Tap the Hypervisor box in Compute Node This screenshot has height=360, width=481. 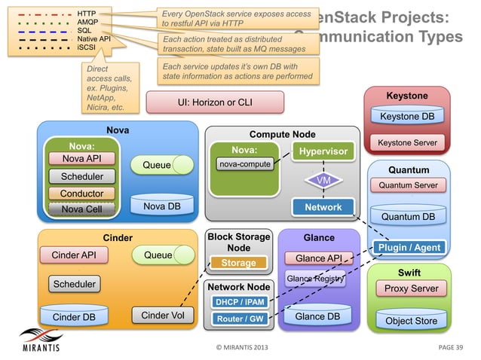tap(323, 151)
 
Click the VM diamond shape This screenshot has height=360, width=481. tap(323, 181)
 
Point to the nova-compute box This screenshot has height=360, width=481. tap(244, 163)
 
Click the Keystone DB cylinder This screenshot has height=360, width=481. tap(406, 116)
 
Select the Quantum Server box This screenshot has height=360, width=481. tap(408, 185)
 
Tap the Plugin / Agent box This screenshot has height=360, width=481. tap(409, 247)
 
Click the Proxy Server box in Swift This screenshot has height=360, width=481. tap(411, 288)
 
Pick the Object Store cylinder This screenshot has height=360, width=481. tap(411, 319)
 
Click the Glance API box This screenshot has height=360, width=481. tap(319, 258)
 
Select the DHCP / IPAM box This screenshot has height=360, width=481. tap(240, 302)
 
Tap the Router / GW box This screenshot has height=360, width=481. tap(240, 319)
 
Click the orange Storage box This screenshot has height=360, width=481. tap(238, 263)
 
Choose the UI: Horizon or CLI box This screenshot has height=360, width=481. tap(215, 102)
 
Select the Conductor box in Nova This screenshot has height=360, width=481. tap(81, 194)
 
